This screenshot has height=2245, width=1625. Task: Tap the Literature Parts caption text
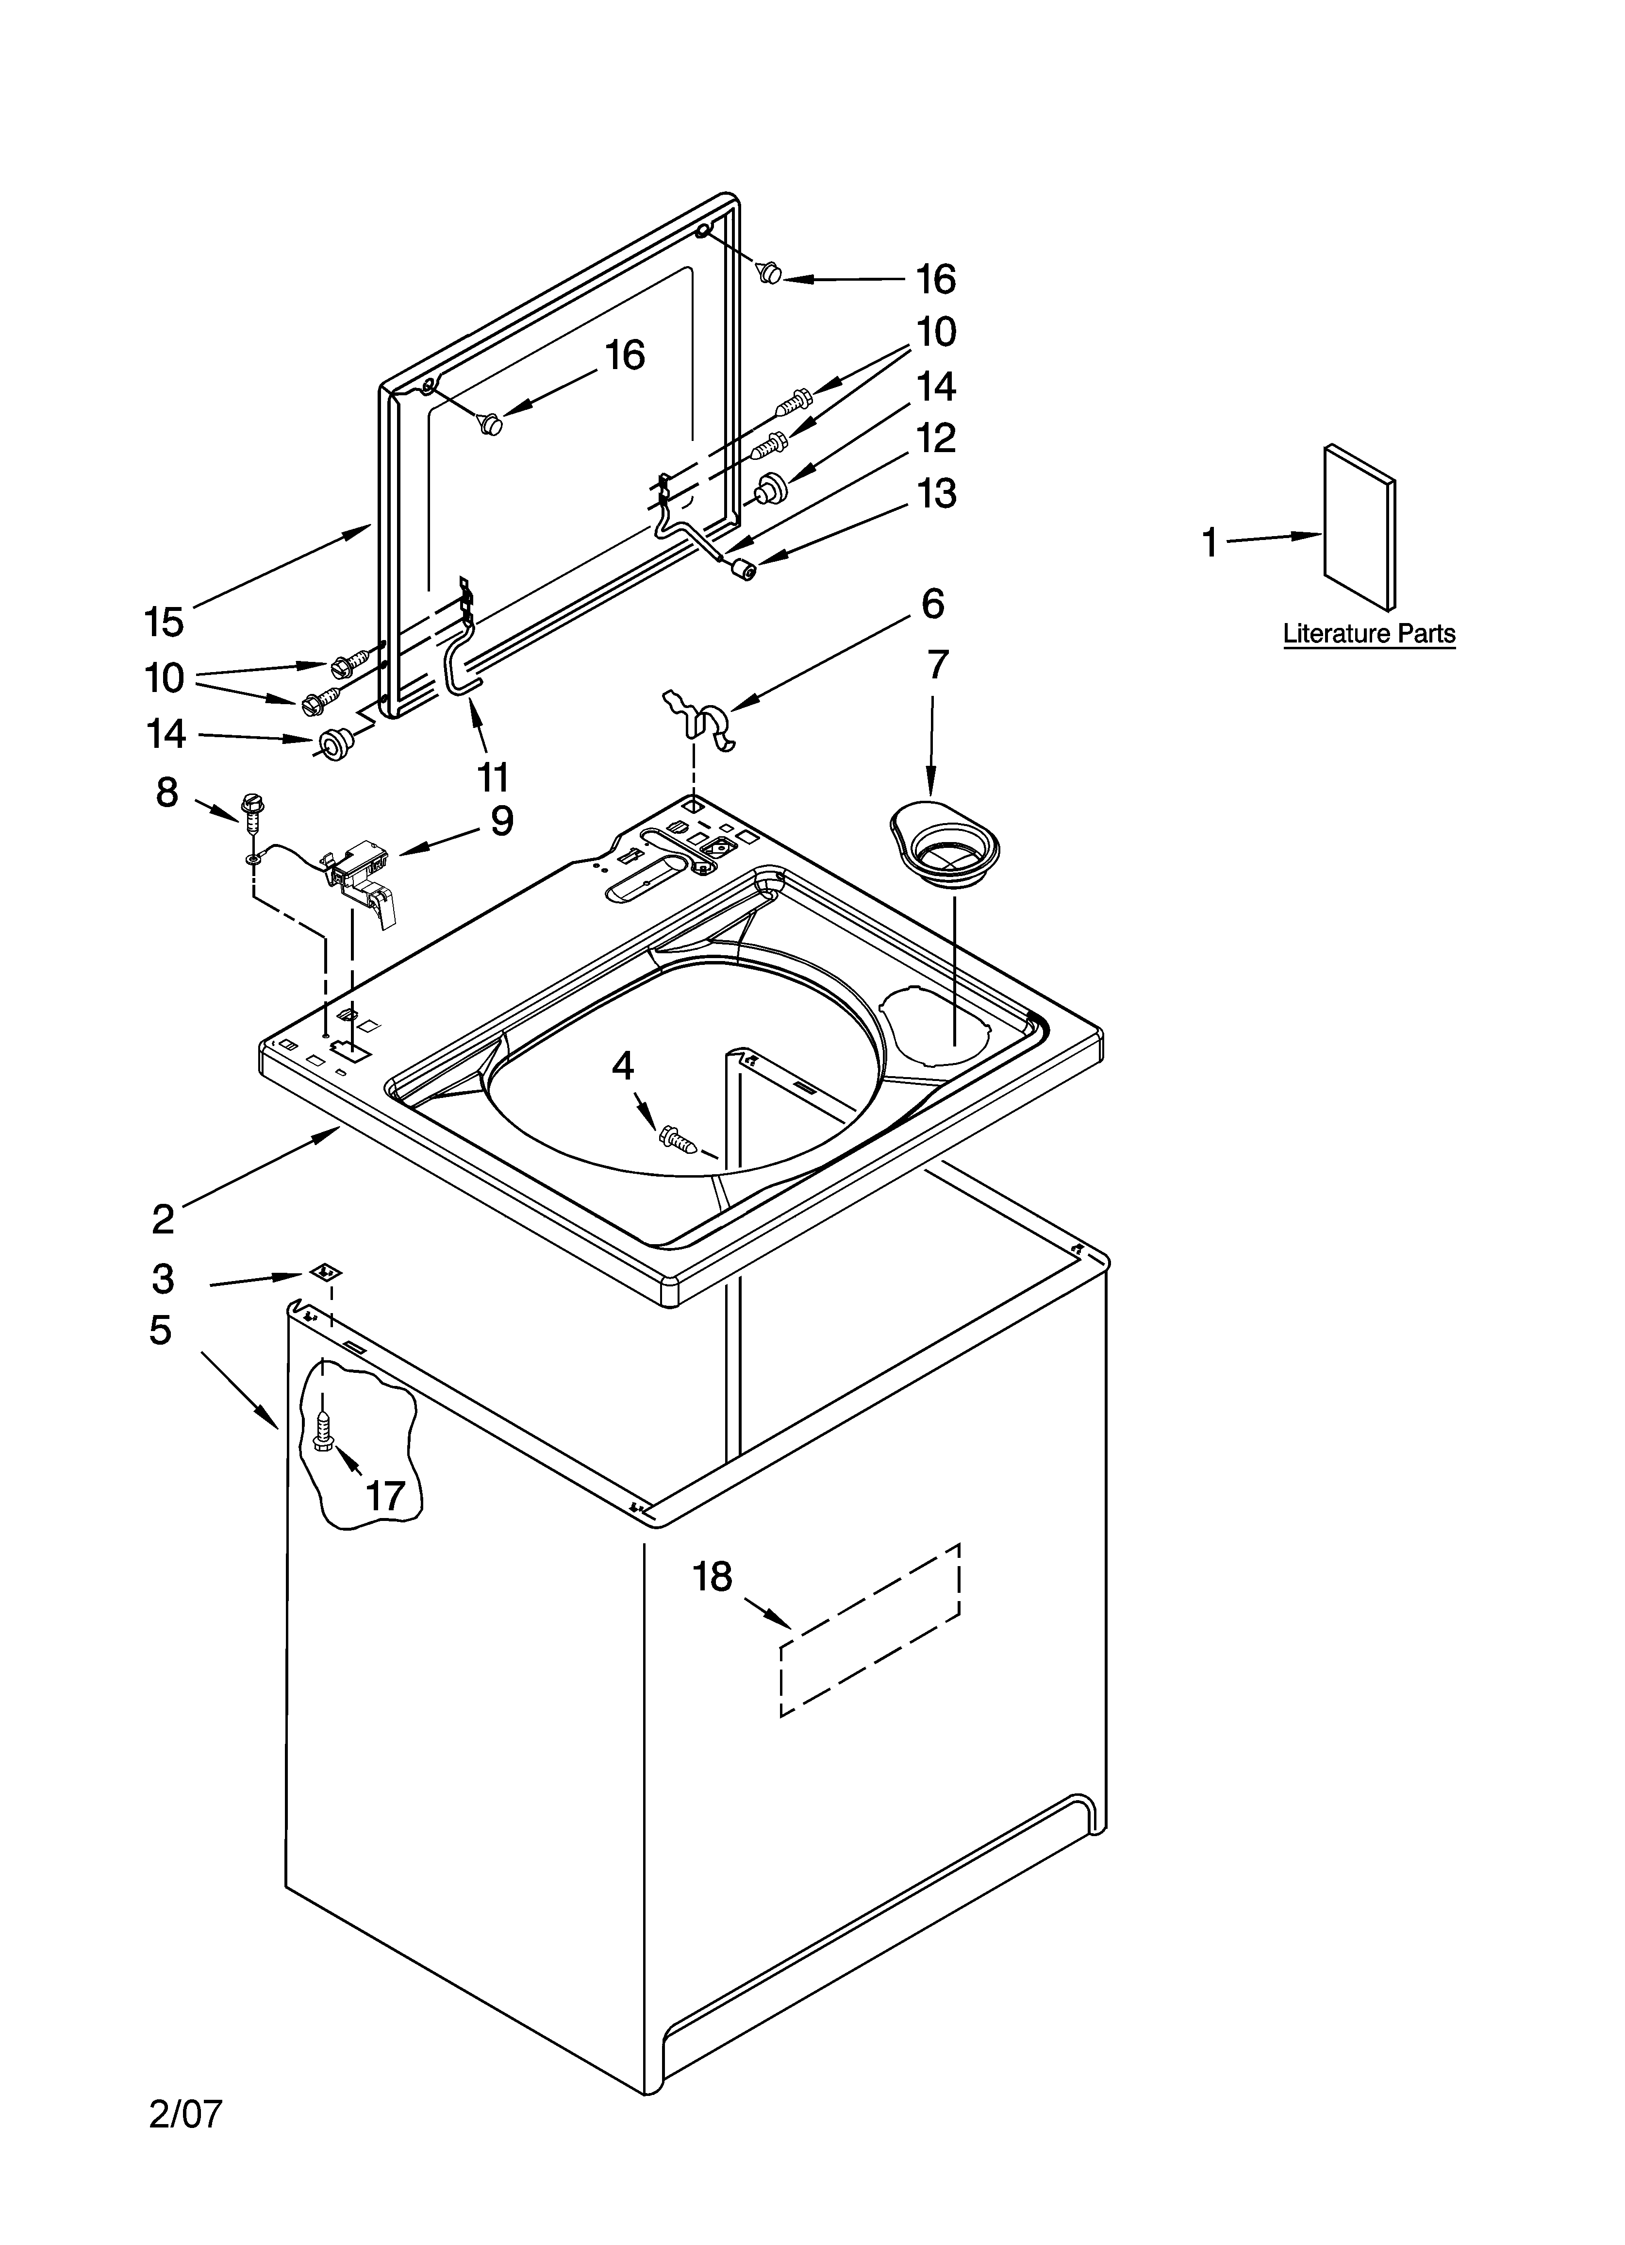(1369, 634)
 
